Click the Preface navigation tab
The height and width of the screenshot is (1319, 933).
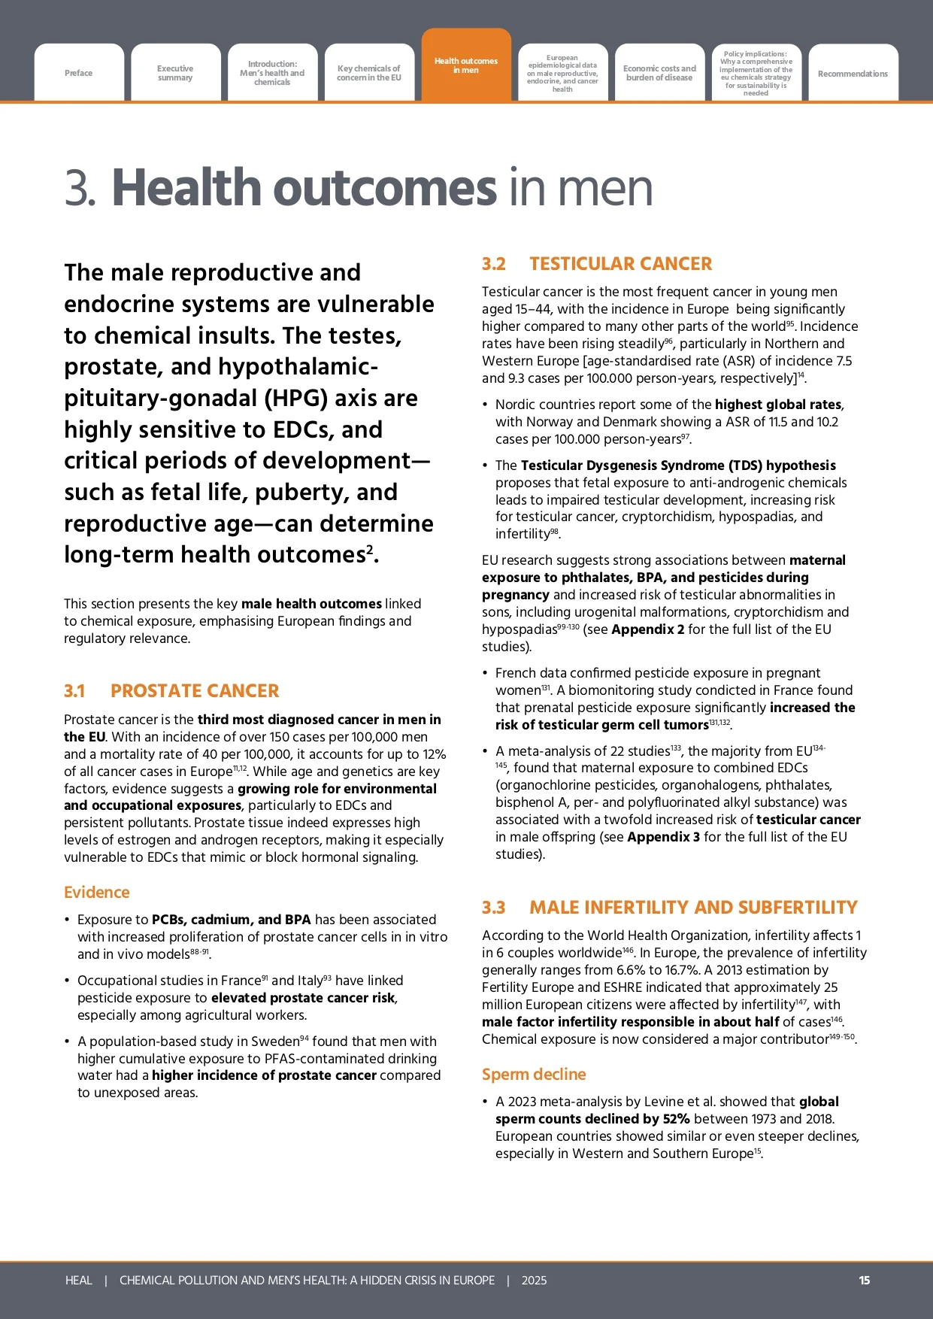pyautogui.click(x=79, y=73)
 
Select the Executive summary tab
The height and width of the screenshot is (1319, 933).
pyautogui.click(x=175, y=73)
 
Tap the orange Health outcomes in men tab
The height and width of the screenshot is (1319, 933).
pyautogui.click(x=466, y=65)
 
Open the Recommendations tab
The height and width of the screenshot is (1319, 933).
pyautogui.click(x=853, y=74)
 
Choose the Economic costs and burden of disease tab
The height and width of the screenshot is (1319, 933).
pyautogui.click(x=659, y=73)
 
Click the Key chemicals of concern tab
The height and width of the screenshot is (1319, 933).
pyautogui.click(x=369, y=73)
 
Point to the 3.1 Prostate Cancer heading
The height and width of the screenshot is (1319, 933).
pyautogui.click(x=171, y=691)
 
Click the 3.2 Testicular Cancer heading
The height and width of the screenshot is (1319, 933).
pyautogui.click(x=597, y=264)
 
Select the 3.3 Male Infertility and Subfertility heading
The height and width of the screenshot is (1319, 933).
pyautogui.click(x=669, y=908)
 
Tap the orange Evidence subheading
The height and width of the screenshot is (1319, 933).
pyautogui.click(x=97, y=893)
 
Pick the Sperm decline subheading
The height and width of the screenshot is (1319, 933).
pyautogui.click(x=534, y=1075)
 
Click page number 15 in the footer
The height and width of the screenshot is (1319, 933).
pyautogui.click(x=865, y=1280)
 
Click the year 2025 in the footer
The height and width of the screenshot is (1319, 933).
pyautogui.click(x=534, y=1280)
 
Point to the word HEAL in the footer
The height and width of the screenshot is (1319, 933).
pyautogui.click(x=79, y=1280)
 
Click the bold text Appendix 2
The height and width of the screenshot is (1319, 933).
pyautogui.click(x=648, y=629)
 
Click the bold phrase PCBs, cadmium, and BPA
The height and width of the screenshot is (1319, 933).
pyautogui.click(x=232, y=920)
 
